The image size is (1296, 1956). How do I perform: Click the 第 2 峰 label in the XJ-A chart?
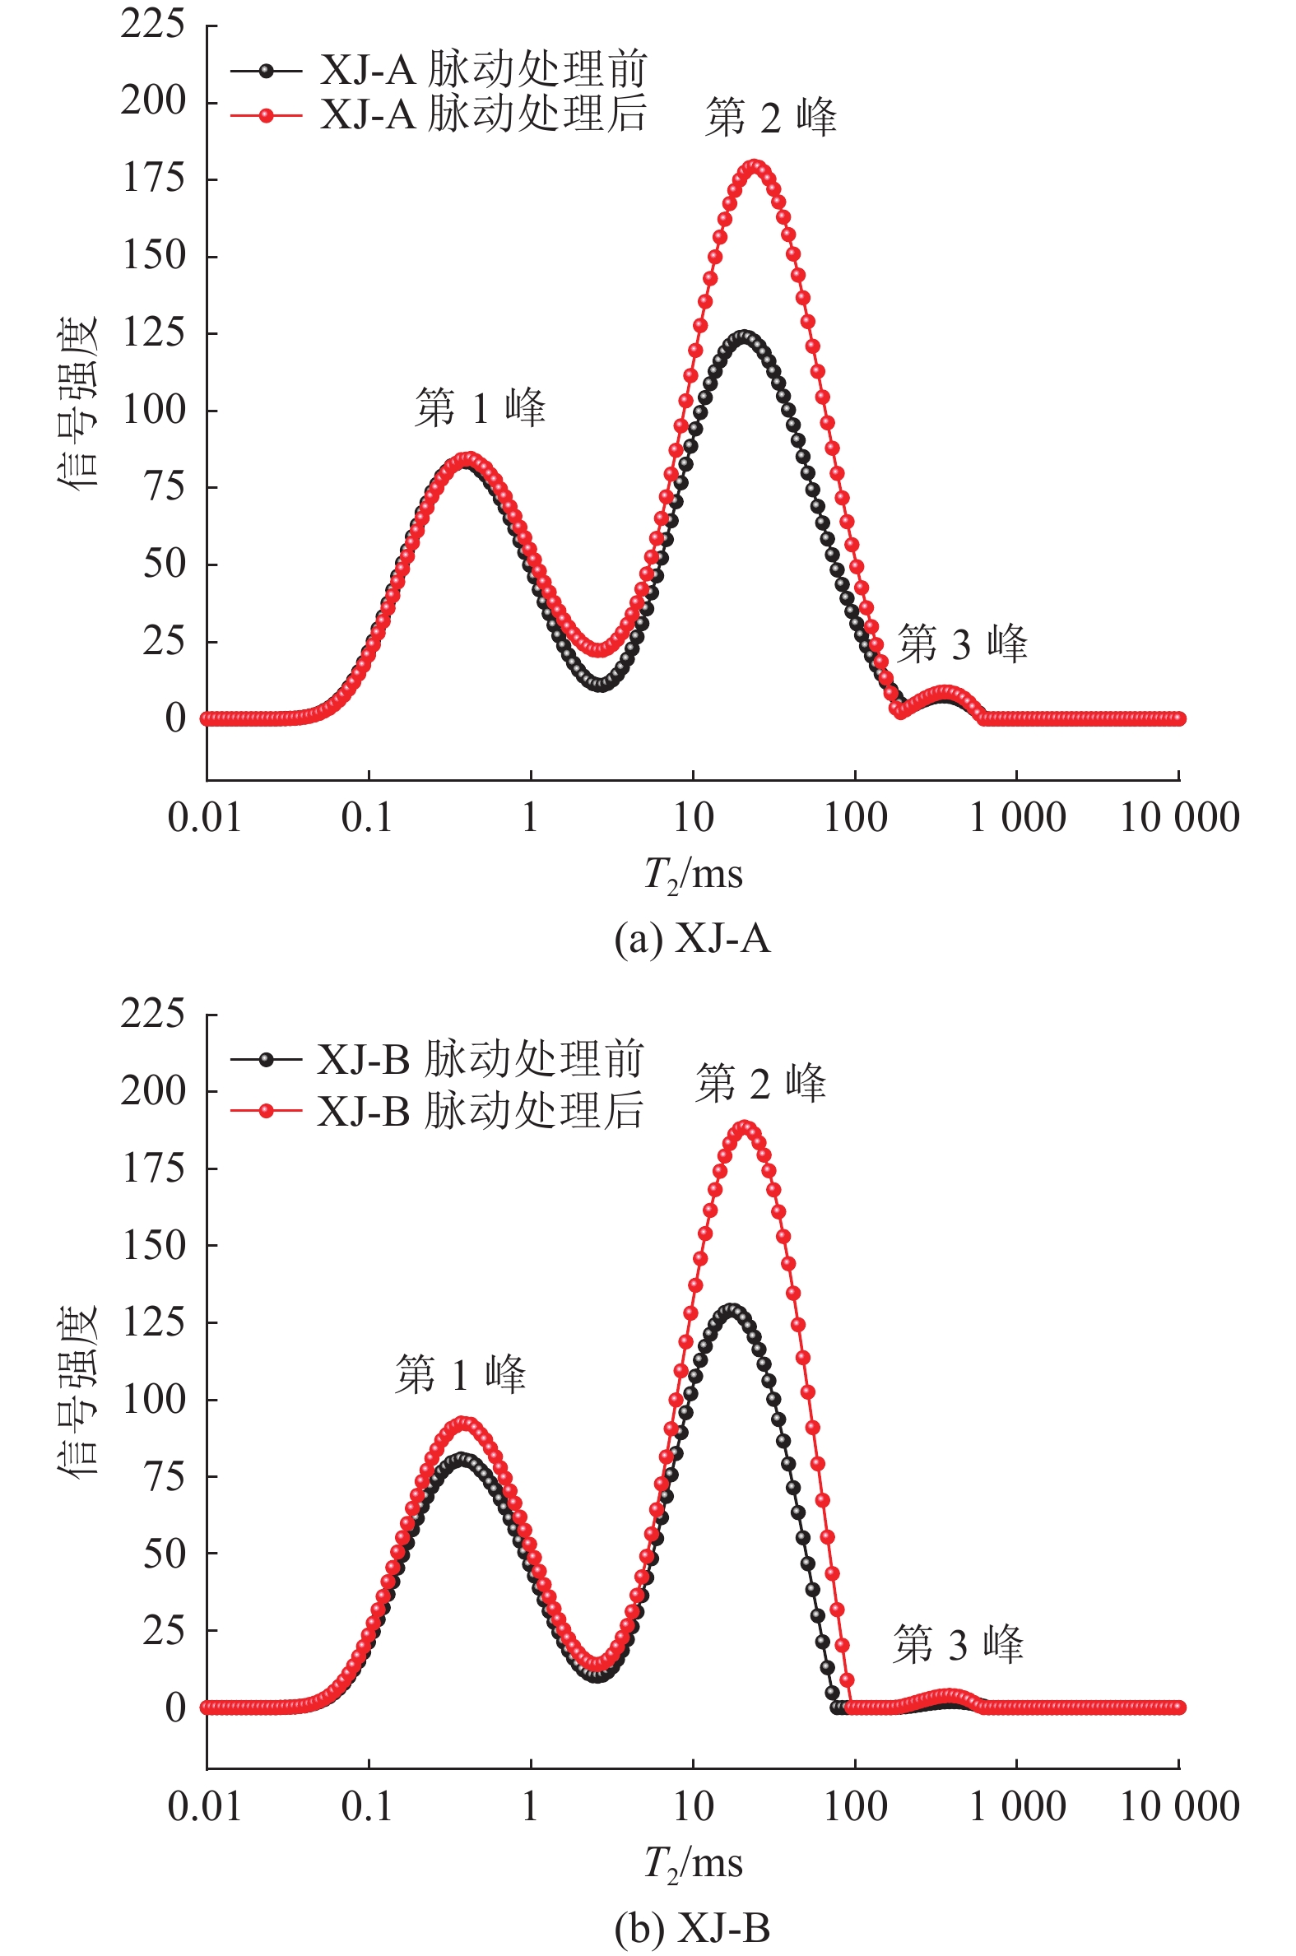770,118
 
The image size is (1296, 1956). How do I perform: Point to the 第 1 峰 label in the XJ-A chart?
481,408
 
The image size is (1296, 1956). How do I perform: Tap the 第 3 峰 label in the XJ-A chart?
962,643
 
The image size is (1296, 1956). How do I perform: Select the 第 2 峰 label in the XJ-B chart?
760,1084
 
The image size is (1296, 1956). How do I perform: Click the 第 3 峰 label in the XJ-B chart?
958,1643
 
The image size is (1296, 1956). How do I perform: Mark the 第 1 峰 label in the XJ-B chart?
460,1375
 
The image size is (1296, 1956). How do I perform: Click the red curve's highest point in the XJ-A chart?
754,167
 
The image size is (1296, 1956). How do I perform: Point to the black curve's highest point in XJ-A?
744,338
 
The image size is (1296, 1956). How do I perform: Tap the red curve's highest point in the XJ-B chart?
746,1127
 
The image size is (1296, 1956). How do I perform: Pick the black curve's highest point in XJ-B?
731,1310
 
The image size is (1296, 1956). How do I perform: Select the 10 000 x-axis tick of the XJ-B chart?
1178,1807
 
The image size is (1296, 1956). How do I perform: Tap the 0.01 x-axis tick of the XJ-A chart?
205,818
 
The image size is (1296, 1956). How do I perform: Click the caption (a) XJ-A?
693,939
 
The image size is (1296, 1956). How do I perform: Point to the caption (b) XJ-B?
693,1928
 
